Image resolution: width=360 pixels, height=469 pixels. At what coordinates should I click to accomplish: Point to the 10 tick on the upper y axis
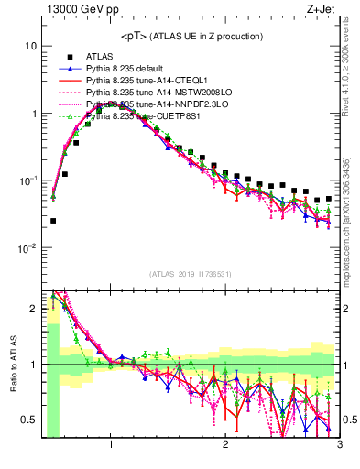[32, 47]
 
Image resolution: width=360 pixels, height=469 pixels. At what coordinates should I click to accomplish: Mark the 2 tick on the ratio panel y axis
[34, 309]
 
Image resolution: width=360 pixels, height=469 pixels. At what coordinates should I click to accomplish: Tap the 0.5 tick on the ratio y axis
[30, 420]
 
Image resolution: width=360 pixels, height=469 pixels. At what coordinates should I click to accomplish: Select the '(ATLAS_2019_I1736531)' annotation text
[191, 274]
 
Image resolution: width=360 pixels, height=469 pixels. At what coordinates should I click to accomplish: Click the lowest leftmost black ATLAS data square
[53, 221]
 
